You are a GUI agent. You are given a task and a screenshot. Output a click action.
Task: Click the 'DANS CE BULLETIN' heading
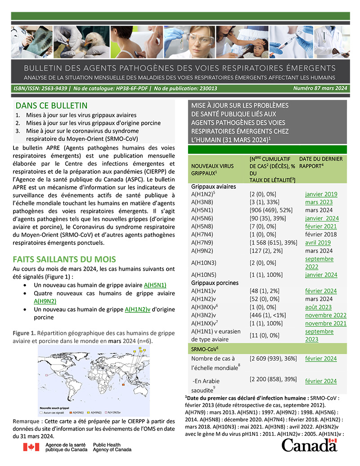(x=51, y=106)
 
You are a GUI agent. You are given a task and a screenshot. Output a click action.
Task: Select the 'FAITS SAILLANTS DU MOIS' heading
(x=64, y=259)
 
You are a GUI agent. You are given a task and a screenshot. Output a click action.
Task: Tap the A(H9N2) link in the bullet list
(x=45, y=301)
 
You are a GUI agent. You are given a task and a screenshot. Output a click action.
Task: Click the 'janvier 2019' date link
(x=321, y=194)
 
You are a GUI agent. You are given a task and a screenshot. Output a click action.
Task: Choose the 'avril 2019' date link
(x=318, y=243)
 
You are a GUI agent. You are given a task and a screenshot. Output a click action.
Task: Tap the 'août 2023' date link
(x=318, y=307)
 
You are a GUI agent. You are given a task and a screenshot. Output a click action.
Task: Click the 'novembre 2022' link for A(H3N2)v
(x=325, y=315)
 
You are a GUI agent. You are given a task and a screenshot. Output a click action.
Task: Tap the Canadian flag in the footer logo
(x=31, y=447)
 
